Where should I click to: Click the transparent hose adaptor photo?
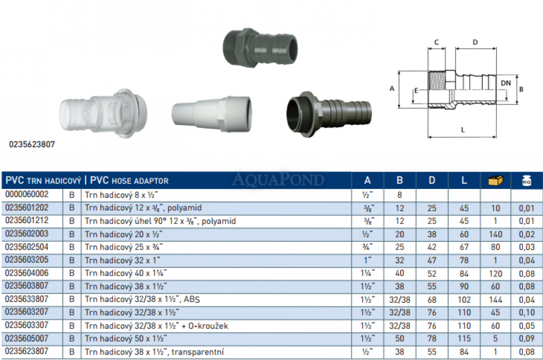coord(103,113)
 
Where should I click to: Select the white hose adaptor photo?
coord(212,113)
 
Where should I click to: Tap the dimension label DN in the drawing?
coord(506,83)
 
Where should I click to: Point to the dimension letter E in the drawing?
coord(416,91)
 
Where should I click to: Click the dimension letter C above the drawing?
coord(437,42)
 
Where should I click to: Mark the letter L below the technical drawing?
coord(463,130)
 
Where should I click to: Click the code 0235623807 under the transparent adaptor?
coord(32,144)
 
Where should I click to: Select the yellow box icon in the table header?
coord(495,180)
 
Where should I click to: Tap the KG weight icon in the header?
coord(526,180)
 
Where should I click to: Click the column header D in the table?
coord(432,180)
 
